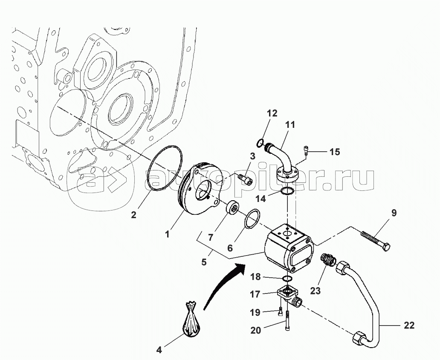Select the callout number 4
[x=159, y=350]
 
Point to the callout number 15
[x=335, y=151]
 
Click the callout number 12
[x=272, y=113]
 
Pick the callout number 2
[x=133, y=215]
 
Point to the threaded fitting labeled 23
[x=328, y=259]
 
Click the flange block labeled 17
[x=288, y=295]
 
